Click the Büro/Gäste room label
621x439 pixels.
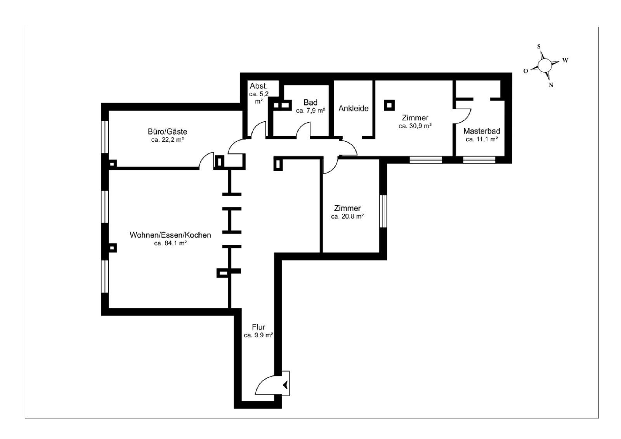tap(167, 132)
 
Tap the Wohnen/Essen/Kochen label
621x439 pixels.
tap(170, 235)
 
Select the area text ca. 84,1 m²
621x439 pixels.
tap(170, 243)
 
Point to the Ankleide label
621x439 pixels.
tap(354, 108)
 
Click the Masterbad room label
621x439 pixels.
tap(482, 131)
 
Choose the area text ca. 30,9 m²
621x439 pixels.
tap(415, 126)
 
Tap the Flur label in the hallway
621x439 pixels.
tap(258, 327)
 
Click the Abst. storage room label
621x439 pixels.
tap(258, 86)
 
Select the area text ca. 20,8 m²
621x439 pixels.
tap(347, 216)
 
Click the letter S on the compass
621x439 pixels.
tap(539, 47)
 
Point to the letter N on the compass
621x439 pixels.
tap(551, 85)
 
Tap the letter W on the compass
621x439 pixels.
tap(565, 60)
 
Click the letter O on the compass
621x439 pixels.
tap(526, 71)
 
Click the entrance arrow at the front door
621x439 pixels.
tap(285, 385)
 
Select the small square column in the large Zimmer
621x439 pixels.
tap(389, 105)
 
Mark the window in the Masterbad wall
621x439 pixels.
tap(479, 160)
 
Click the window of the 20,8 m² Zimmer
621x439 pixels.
tap(383, 211)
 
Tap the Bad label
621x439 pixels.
tap(310, 102)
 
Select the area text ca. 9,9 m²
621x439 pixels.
tap(258, 335)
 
